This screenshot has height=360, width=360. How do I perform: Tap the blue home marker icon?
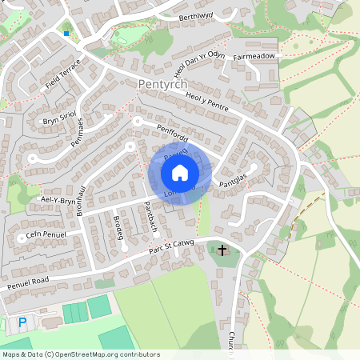point(180,172)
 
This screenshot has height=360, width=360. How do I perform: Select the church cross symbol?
point(223,251)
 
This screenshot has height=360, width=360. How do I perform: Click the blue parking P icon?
point(22,322)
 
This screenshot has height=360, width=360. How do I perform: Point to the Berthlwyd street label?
point(197,17)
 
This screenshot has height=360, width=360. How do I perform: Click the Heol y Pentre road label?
point(207,102)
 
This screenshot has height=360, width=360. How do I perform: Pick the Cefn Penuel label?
point(45,234)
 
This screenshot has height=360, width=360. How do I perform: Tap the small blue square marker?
point(66,34)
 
